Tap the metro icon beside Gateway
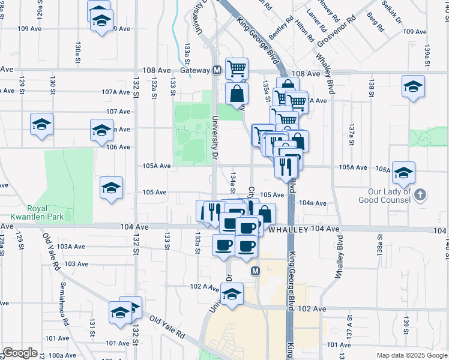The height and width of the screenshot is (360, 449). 217,70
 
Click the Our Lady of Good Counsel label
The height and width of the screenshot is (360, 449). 386,197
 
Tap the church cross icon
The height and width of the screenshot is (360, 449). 420,194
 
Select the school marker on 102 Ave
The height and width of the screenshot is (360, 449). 232,294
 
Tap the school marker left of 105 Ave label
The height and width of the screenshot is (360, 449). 112,188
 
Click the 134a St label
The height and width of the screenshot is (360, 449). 233,181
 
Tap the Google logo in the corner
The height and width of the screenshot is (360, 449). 20,353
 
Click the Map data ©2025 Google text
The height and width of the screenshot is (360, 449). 411,355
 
